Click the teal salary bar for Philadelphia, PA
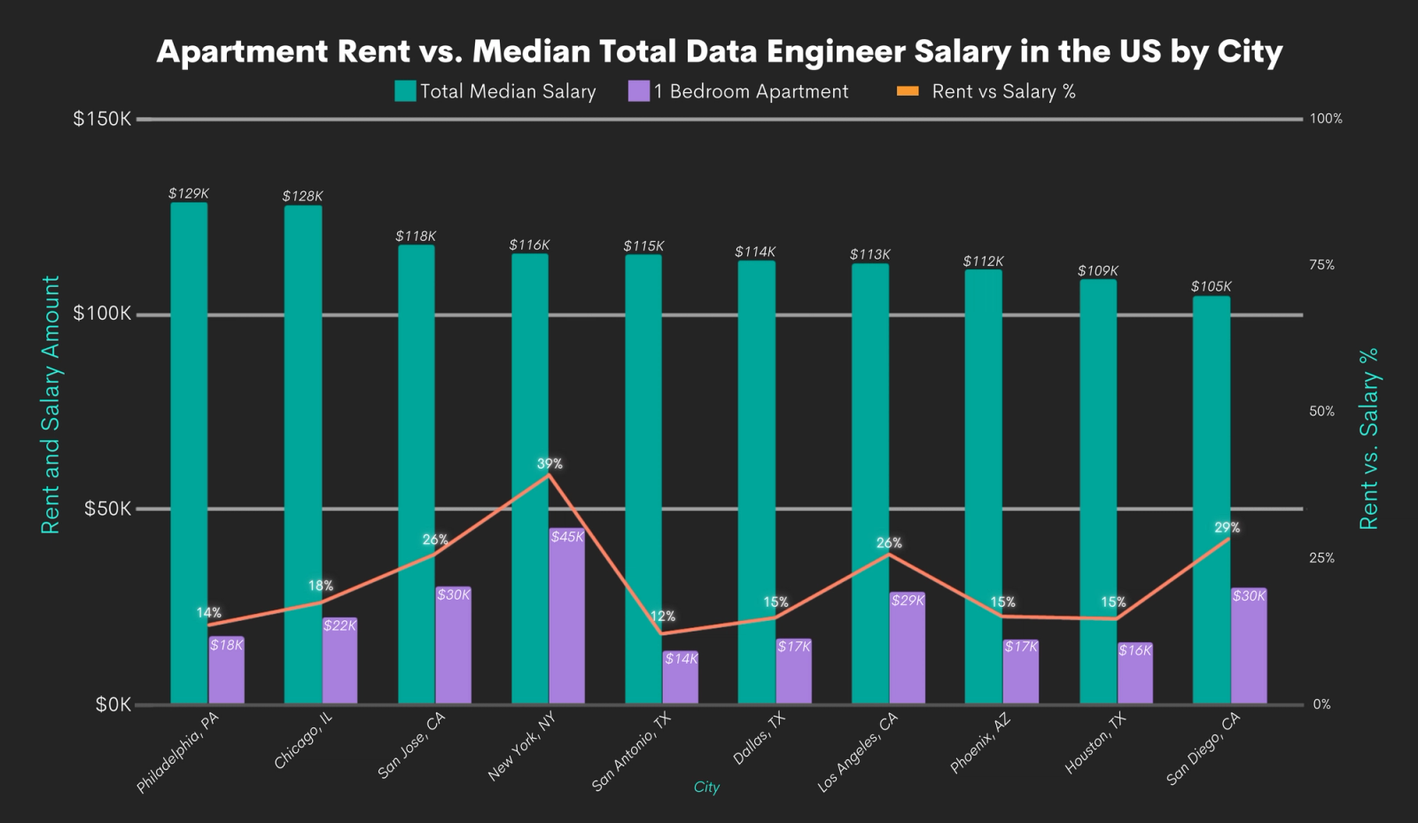point(189,452)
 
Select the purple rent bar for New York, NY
point(567,620)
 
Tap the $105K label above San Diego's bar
point(1211,286)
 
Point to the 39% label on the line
point(549,463)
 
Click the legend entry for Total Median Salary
point(495,91)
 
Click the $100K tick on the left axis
point(102,314)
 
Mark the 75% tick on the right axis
point(1321,265)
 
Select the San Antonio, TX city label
point(632,751)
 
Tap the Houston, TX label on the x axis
point(1095,742)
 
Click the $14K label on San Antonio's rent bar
point(681,658)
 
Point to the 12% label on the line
point(663,616)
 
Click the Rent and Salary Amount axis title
point(51,404)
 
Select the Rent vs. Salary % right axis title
point(1369,439)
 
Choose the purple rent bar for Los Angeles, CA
point(908,651)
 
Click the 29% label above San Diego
point(1227,527)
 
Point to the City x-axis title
point(706,787)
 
